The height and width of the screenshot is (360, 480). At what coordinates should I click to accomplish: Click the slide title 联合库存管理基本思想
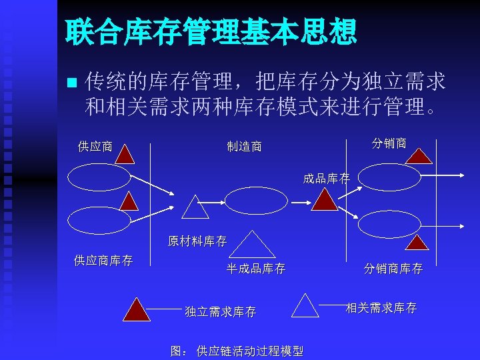click(x=211, y=32)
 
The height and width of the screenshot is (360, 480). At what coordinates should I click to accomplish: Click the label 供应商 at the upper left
click(x=95, y=146)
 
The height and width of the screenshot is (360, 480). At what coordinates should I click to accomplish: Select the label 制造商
click(x=244, y=146)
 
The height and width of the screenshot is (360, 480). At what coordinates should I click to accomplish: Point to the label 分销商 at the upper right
click(x=389, y=143)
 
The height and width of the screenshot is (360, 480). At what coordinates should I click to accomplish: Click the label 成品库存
click(x=326, y=179)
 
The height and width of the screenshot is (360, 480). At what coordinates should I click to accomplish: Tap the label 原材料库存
click(x=197, y=241)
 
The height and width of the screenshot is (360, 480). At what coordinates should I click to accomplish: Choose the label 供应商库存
click(x=103, y=260)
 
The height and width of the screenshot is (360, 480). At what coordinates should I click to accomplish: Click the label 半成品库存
click(x=256, y=269)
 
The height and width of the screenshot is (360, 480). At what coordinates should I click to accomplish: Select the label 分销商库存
click(x=393, y=269)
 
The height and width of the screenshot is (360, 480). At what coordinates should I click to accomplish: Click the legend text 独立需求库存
click(x=221, y=311)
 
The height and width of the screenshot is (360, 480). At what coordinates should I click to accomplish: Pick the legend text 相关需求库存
click(x=381, y=307)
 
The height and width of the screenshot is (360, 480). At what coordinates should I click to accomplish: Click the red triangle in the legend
click(x=137, y=309)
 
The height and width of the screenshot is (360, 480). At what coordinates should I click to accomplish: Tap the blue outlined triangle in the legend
click(x=305, y=306)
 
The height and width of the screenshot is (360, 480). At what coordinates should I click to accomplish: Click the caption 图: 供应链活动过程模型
click(x=237, y=351)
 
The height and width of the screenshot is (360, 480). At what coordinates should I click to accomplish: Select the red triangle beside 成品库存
click(x=325, y=199)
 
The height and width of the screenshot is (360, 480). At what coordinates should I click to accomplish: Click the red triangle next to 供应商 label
click(x=127, y=155)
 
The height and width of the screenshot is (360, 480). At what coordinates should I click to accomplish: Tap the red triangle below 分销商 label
click(x=419, y=157)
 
